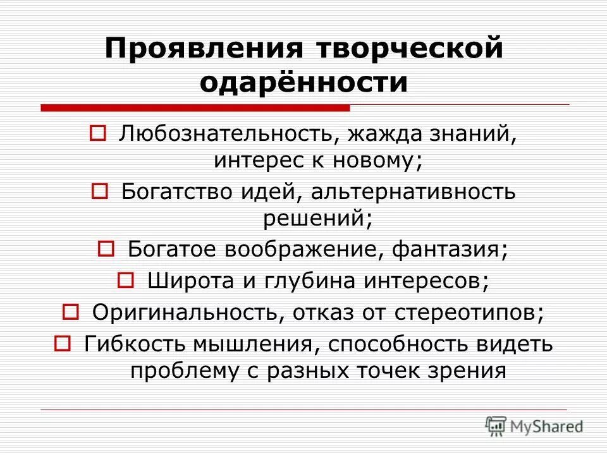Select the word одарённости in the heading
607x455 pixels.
tap(303, 83)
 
